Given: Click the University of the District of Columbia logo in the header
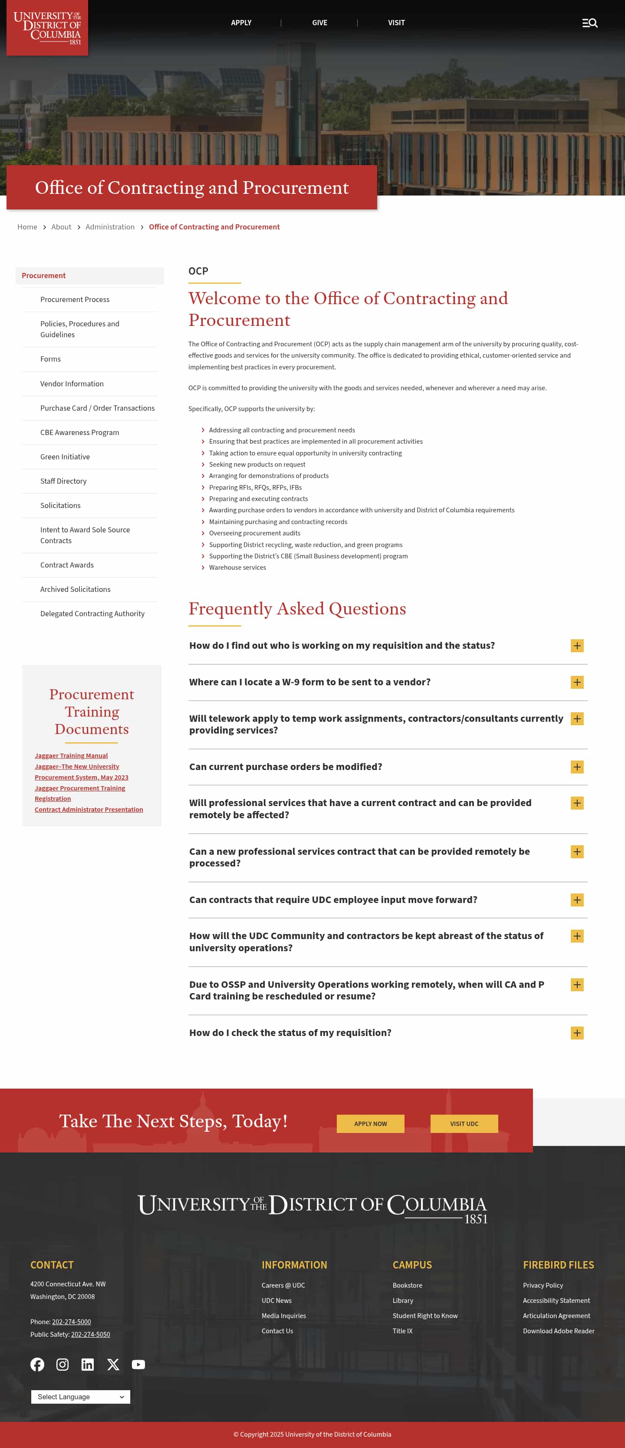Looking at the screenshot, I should [47, 27].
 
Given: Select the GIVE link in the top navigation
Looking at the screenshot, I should [319, 23].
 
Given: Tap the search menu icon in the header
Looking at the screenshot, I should [589, 23].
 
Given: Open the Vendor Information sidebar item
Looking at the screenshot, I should [72, 384].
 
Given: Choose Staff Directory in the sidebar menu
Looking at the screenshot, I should [63, 481].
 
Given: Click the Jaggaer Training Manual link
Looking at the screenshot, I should [71, 755].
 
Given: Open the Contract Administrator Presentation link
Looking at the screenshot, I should [89, 810].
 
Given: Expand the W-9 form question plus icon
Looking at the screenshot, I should [577, 682].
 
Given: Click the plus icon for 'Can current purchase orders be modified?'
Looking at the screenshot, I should [577, 767].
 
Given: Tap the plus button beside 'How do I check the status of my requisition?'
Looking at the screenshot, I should [577, 1033].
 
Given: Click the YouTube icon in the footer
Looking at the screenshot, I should [138, 1364].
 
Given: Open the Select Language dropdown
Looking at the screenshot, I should [80, 1397].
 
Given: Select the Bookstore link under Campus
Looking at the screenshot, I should [407, 1285].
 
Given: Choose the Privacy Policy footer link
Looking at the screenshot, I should [543, 1285].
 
